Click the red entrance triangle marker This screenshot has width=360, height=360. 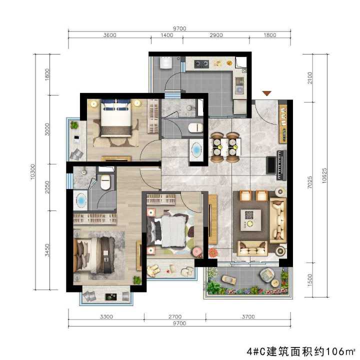coord(267,93)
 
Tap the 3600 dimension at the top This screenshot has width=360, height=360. coord(110,35)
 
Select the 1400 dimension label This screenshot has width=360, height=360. coord(167,35)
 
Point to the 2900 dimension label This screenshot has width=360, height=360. coord(216,35)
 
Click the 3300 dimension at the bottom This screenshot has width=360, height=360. coord(106,316)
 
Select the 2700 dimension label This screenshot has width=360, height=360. coord(175,316)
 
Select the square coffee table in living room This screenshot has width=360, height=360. coord(252,218)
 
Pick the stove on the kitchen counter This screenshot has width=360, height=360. coord(202,63)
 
